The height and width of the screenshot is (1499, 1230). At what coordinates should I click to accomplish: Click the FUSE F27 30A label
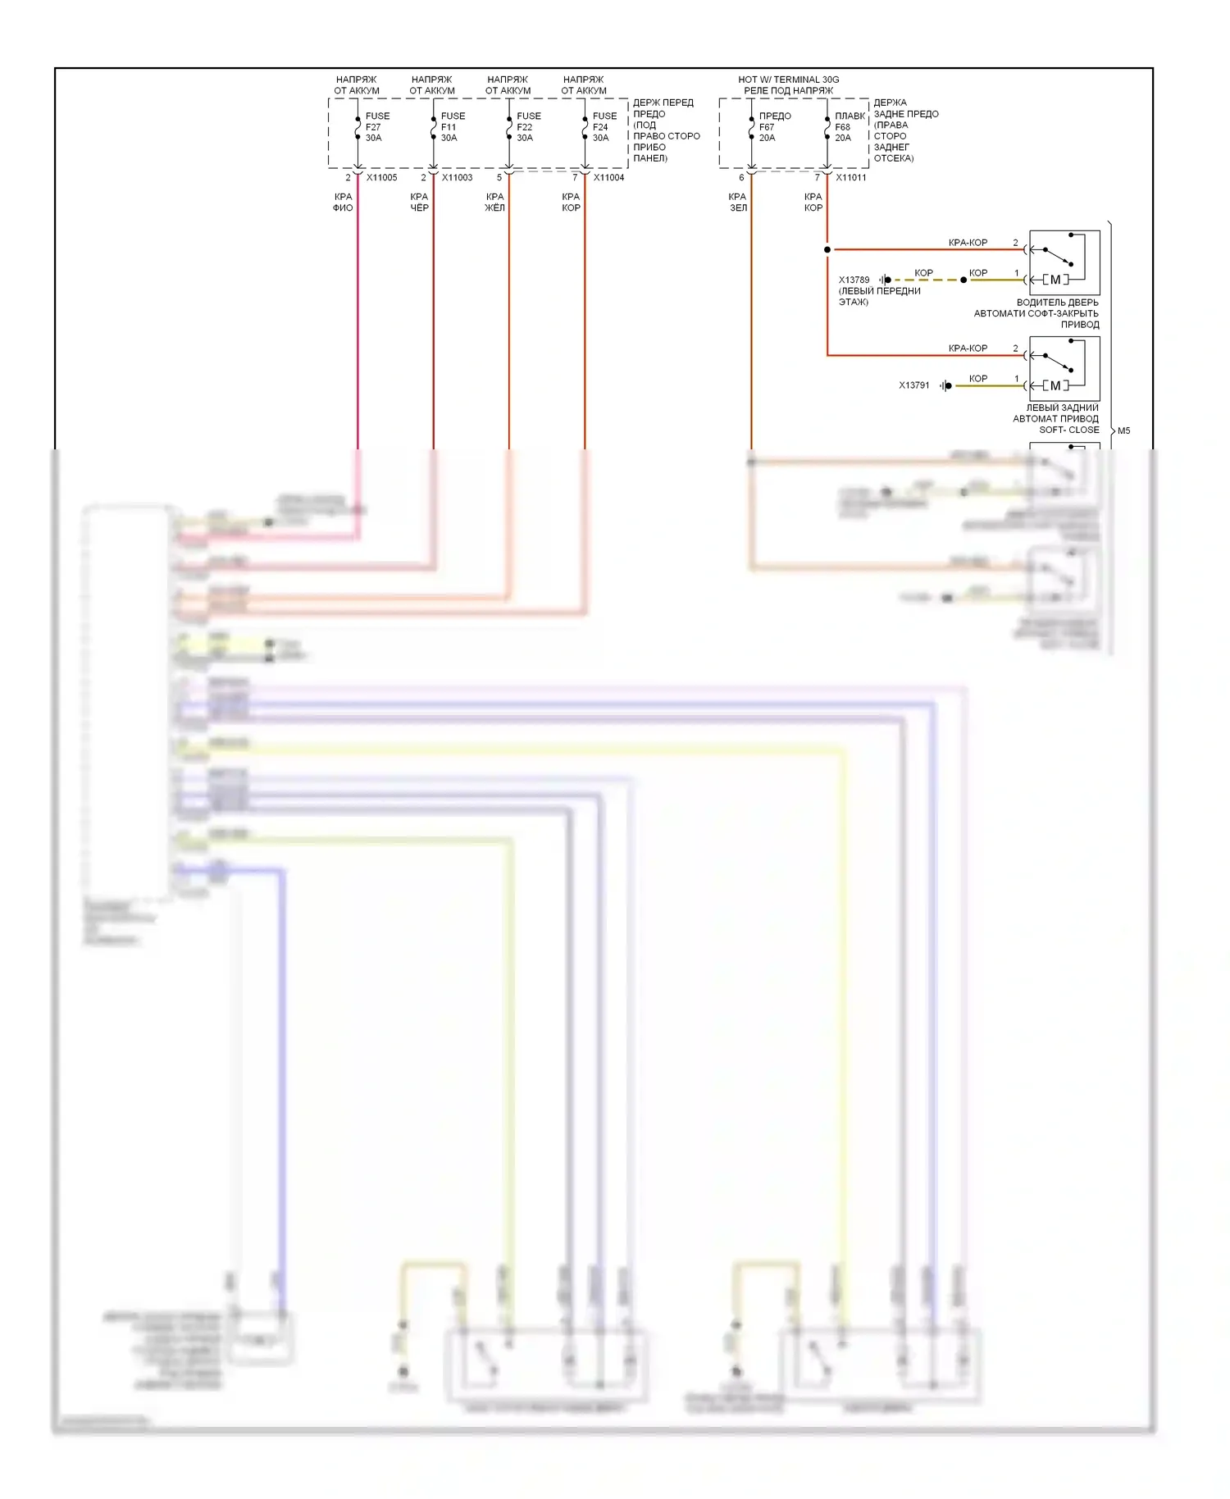376,127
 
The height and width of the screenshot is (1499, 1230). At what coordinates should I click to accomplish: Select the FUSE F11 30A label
452,127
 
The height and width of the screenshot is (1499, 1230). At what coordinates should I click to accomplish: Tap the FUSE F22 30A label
528,127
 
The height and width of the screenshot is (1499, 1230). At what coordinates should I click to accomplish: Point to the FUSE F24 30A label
604,127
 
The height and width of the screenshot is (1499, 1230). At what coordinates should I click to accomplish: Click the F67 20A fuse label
773,127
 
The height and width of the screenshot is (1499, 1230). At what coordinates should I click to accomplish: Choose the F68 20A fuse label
849,127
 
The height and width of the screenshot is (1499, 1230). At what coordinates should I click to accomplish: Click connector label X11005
381,178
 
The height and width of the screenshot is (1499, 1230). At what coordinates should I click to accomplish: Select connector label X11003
457,178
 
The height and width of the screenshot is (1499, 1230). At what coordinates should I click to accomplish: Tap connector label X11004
608,178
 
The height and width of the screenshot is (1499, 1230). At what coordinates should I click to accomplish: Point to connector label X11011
850,178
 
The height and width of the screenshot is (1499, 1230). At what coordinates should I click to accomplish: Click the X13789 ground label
854,280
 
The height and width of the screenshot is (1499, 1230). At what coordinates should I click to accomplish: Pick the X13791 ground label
913,385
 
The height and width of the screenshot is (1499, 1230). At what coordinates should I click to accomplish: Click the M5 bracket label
1123,431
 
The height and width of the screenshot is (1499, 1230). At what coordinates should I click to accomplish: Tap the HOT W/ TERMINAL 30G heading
788,80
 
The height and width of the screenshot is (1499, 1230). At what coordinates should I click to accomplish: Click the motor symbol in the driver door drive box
1055,280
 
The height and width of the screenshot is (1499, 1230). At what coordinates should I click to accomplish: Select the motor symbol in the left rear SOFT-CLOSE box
1055,385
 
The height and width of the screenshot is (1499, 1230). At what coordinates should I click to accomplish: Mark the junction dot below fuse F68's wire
827,249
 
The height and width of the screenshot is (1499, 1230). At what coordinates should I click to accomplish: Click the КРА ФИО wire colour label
343,203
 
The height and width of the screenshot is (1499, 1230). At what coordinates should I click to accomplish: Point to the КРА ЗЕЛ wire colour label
737,203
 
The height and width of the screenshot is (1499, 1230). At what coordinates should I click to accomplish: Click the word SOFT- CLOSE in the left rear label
1068,430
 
